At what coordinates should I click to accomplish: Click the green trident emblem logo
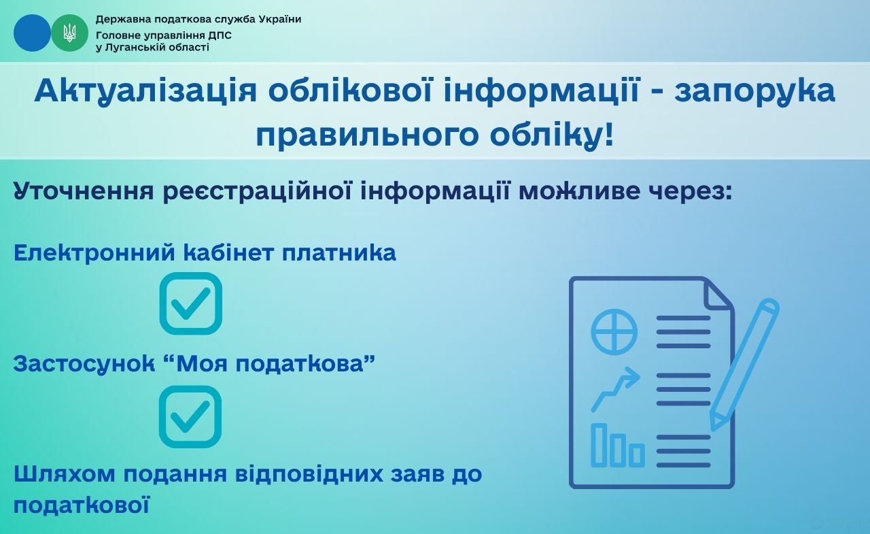(x=69, y=33)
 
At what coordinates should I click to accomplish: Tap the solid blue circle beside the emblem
(x=32, y=33)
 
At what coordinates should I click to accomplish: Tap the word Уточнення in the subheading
(x=84, y=192)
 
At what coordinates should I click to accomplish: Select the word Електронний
(x=94, y=253)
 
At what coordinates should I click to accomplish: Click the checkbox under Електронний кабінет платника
(x=191, y=303)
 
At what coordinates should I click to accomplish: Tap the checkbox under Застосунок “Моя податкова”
(x=190, y=416)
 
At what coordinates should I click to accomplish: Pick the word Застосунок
(x=84, y=364)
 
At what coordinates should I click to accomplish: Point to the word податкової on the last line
(x=82, y=505)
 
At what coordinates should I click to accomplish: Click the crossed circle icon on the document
(x=614, y=331)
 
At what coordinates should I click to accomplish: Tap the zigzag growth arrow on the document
(x=616, y=389)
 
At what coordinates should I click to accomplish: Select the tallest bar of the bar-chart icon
(x=599, y=445)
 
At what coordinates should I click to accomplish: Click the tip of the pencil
(x=712, y=430)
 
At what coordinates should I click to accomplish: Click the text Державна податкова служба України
(x=198, y=20)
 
